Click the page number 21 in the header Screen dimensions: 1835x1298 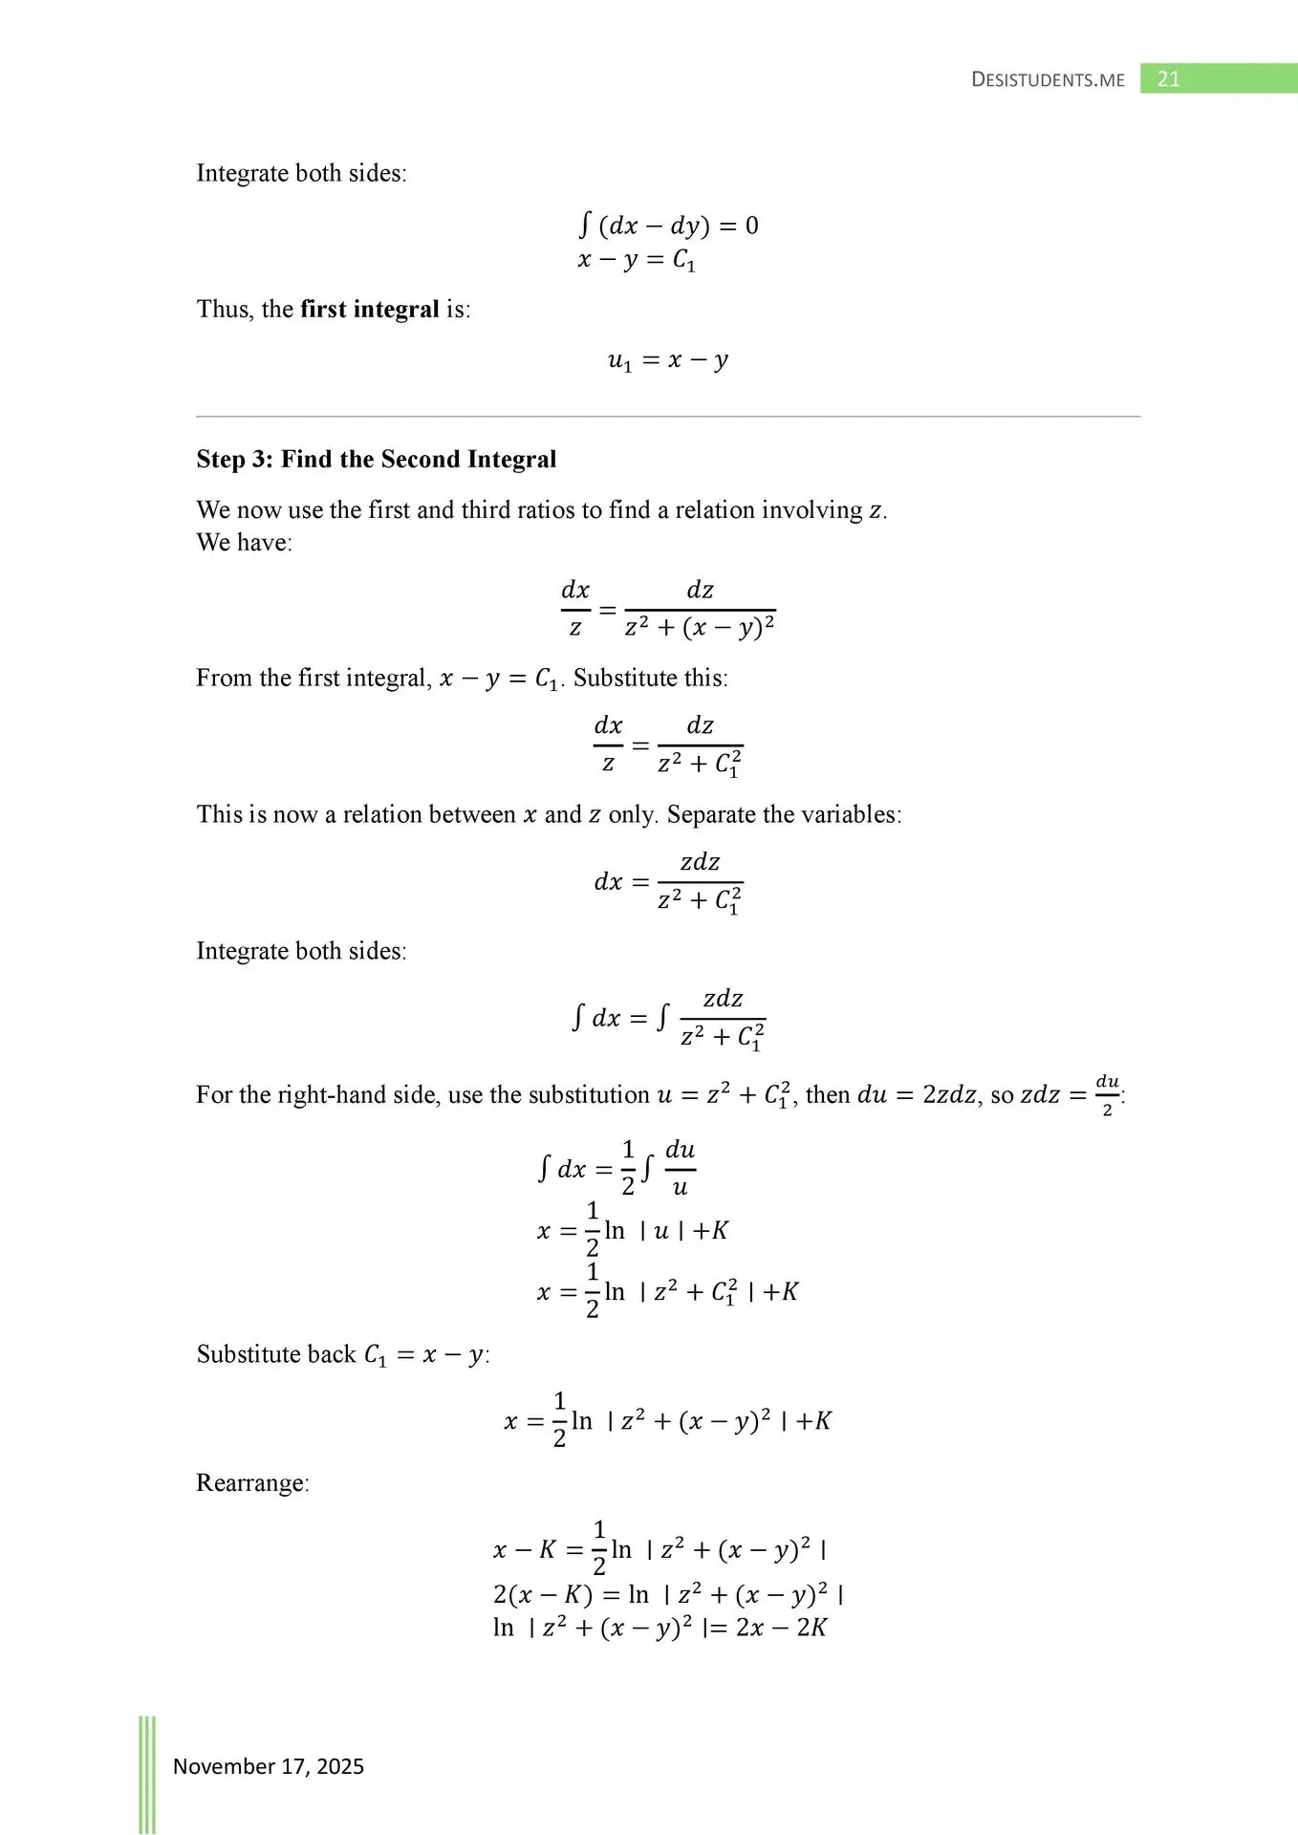pyautogui.click(x=1168, y=79)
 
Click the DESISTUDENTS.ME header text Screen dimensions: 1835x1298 pyautogui.click(x=1048, y=80)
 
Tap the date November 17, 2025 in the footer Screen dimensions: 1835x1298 pyautogui.click(x=268, y=1766)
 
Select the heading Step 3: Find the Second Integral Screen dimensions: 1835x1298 pyautogui.click(x=376, y=460)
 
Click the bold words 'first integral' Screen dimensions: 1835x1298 pyautogui.click(x=369, y=310)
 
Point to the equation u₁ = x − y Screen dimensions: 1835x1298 pyautogui.click(x=668, y=360)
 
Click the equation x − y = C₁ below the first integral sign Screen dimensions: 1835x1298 pyautogui.click(x=637, y=260)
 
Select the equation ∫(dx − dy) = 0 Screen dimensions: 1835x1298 pyautogui.click(x=668, y=226)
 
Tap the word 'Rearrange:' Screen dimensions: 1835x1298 pyautogui.click(x=252, y=1483)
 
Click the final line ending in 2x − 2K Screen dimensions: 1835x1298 pyautogui.click(x=660, y=1628)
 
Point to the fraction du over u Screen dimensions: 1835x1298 pyautogui.click(x=680, y=1168)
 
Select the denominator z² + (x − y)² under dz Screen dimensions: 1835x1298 pyautogui.click(x=700, y=628)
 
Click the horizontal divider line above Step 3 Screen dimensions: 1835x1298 pyautogui.click(x=668, y=417)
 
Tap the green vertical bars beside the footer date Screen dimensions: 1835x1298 pyautogui.click(x=147, y=1774)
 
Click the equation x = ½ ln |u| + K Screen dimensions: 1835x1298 pyautogui.click(x=633, y=1230)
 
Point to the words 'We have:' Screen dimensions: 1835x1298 pyautogui.click(x=244, y=543)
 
